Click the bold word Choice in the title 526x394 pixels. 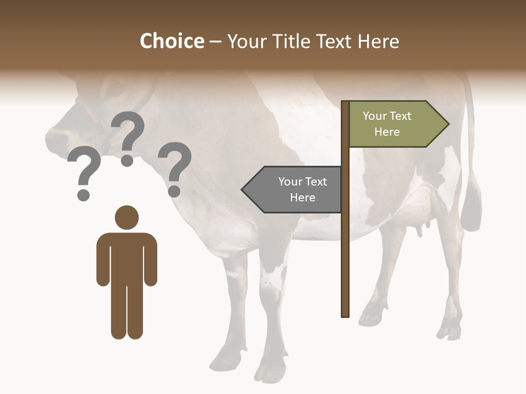pos(171,41)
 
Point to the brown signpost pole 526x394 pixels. pos(345,246)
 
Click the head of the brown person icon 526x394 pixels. pos(127,217)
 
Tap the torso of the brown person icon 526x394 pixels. pos(127,257)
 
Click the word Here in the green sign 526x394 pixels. pos(387,132)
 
